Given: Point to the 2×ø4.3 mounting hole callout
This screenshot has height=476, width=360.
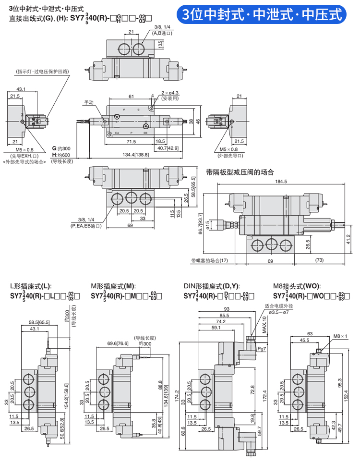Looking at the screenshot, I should click(170, 93).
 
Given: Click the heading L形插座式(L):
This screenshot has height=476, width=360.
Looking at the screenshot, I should click(30, 285).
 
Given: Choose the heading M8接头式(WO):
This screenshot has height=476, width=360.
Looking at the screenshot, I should click(297, 285).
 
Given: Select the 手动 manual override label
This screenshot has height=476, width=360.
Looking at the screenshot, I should click(89, 103).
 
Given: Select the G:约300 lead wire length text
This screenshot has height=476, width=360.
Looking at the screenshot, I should click(61, 148).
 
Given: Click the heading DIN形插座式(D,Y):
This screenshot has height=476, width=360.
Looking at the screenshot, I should click(212, 285).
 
